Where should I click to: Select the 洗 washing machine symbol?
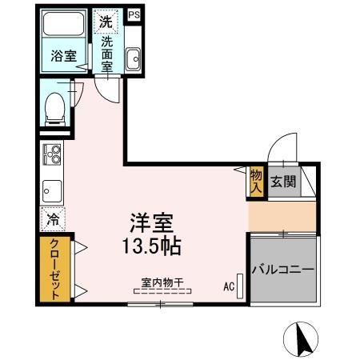click(106, 22)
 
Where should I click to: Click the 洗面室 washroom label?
click(106, 52)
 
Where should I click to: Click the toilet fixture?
click(55, 109)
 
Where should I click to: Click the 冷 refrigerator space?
click(53, 218)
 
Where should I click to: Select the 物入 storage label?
click(256, 182)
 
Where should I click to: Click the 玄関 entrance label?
click(282, 182)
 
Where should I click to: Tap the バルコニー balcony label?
click(284, 269)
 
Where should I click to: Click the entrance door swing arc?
click(280, 152)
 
